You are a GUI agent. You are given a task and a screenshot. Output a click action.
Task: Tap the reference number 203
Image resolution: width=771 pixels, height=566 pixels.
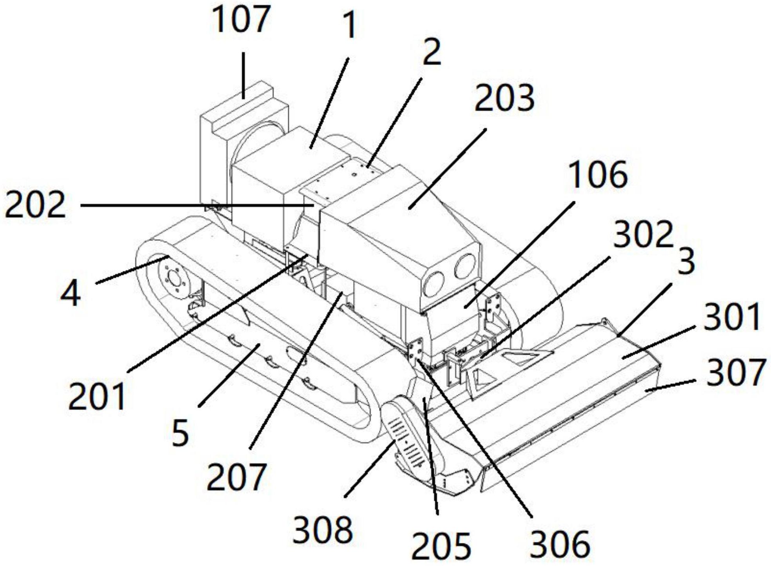tap(504, 98)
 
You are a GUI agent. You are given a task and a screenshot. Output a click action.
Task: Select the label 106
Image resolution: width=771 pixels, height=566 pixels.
tap(597, 175)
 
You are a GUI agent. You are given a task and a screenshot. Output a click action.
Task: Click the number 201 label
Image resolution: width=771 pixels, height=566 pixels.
tap(97, 397)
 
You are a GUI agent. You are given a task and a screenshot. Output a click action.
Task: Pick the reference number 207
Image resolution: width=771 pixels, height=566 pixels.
tap(236, 477)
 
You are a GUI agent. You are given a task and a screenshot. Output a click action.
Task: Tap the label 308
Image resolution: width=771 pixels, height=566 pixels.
tap(323, 530)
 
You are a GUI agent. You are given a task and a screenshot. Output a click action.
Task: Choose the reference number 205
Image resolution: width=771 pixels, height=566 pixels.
tap(441, 546)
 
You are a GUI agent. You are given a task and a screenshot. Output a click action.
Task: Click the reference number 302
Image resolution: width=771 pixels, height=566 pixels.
tap(643, 235)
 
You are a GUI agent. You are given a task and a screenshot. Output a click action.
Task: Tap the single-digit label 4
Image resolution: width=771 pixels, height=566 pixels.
tap(71, 294)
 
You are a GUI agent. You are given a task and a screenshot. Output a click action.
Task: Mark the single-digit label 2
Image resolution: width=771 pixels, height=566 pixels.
tap(431, 52)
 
